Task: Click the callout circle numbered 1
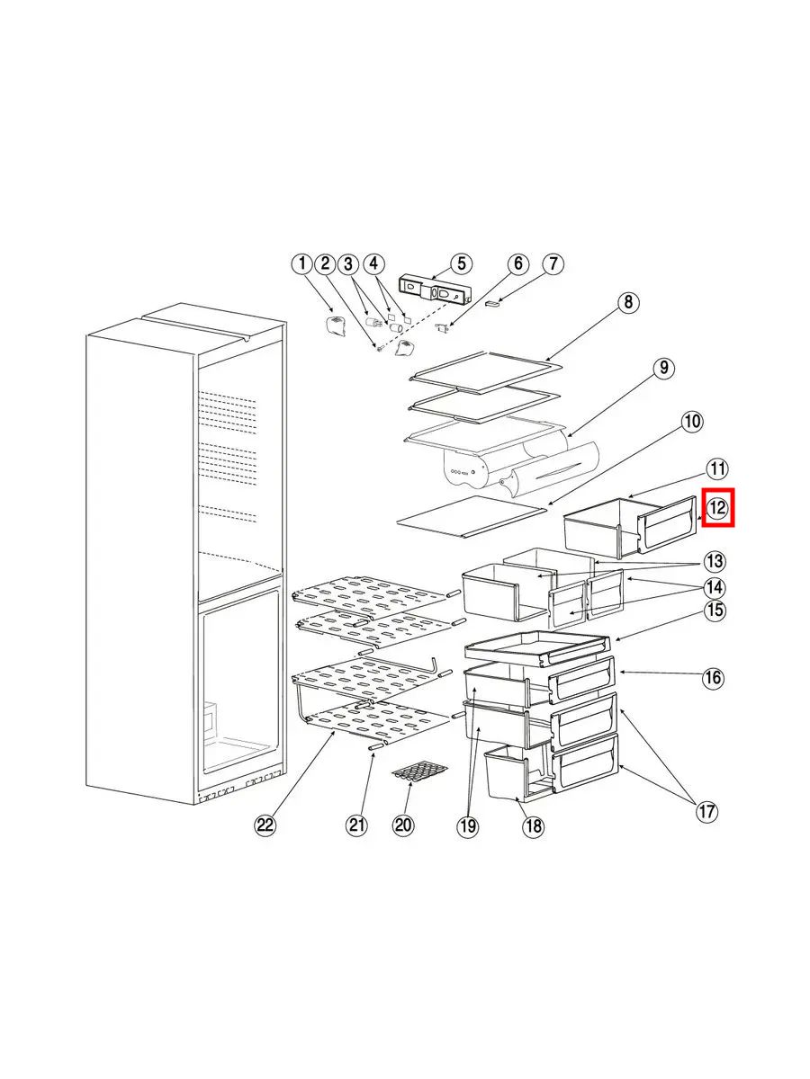(x=302, y=264)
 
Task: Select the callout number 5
(x=461, y=263)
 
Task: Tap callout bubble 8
(x=628, y=302)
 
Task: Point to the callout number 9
(x=663, y=368)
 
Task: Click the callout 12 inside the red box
(x=717, y=507)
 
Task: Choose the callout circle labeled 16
(x=713, y=678)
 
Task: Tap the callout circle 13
(x=714, y=561)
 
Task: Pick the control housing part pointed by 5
(x=434, y=290)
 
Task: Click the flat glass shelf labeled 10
(x=471, y=515)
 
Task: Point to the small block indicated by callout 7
(x=492, y=304)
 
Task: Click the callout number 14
(x=714, y=587)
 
